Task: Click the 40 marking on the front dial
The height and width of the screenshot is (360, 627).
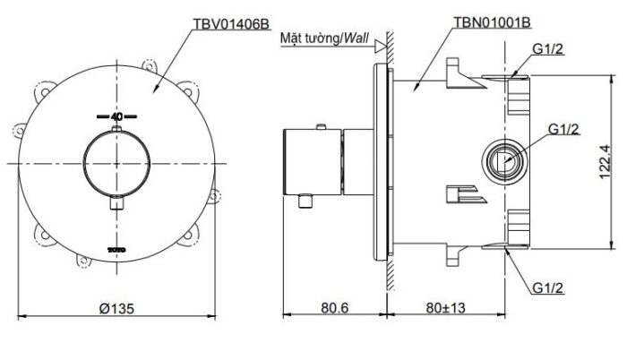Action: point(116,116)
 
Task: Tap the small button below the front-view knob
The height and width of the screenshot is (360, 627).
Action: point(116,205)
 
